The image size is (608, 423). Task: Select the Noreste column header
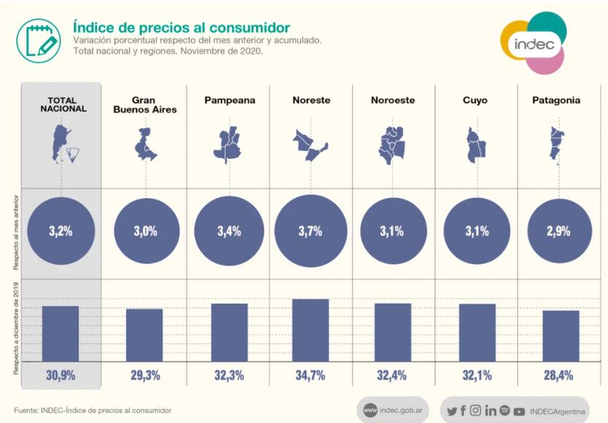[x=311, y=100]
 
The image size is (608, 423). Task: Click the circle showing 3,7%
[x=311, y=232]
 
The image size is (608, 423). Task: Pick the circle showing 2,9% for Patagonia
[x=558, y=232]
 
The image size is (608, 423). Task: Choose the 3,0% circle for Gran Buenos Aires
[x=145, y=232]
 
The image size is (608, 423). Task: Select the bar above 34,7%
[x=311, y=330]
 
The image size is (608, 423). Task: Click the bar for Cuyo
[x=477, y=332]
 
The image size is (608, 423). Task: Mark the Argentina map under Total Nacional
[x=61, y=143]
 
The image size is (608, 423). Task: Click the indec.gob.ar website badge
[x=394, y=411]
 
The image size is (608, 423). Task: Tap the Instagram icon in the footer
[x=475, y=411]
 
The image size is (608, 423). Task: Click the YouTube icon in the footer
[x=519, y=411]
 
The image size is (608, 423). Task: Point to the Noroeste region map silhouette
[x=394, y=143]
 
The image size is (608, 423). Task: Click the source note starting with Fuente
[x=93, y=411]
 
